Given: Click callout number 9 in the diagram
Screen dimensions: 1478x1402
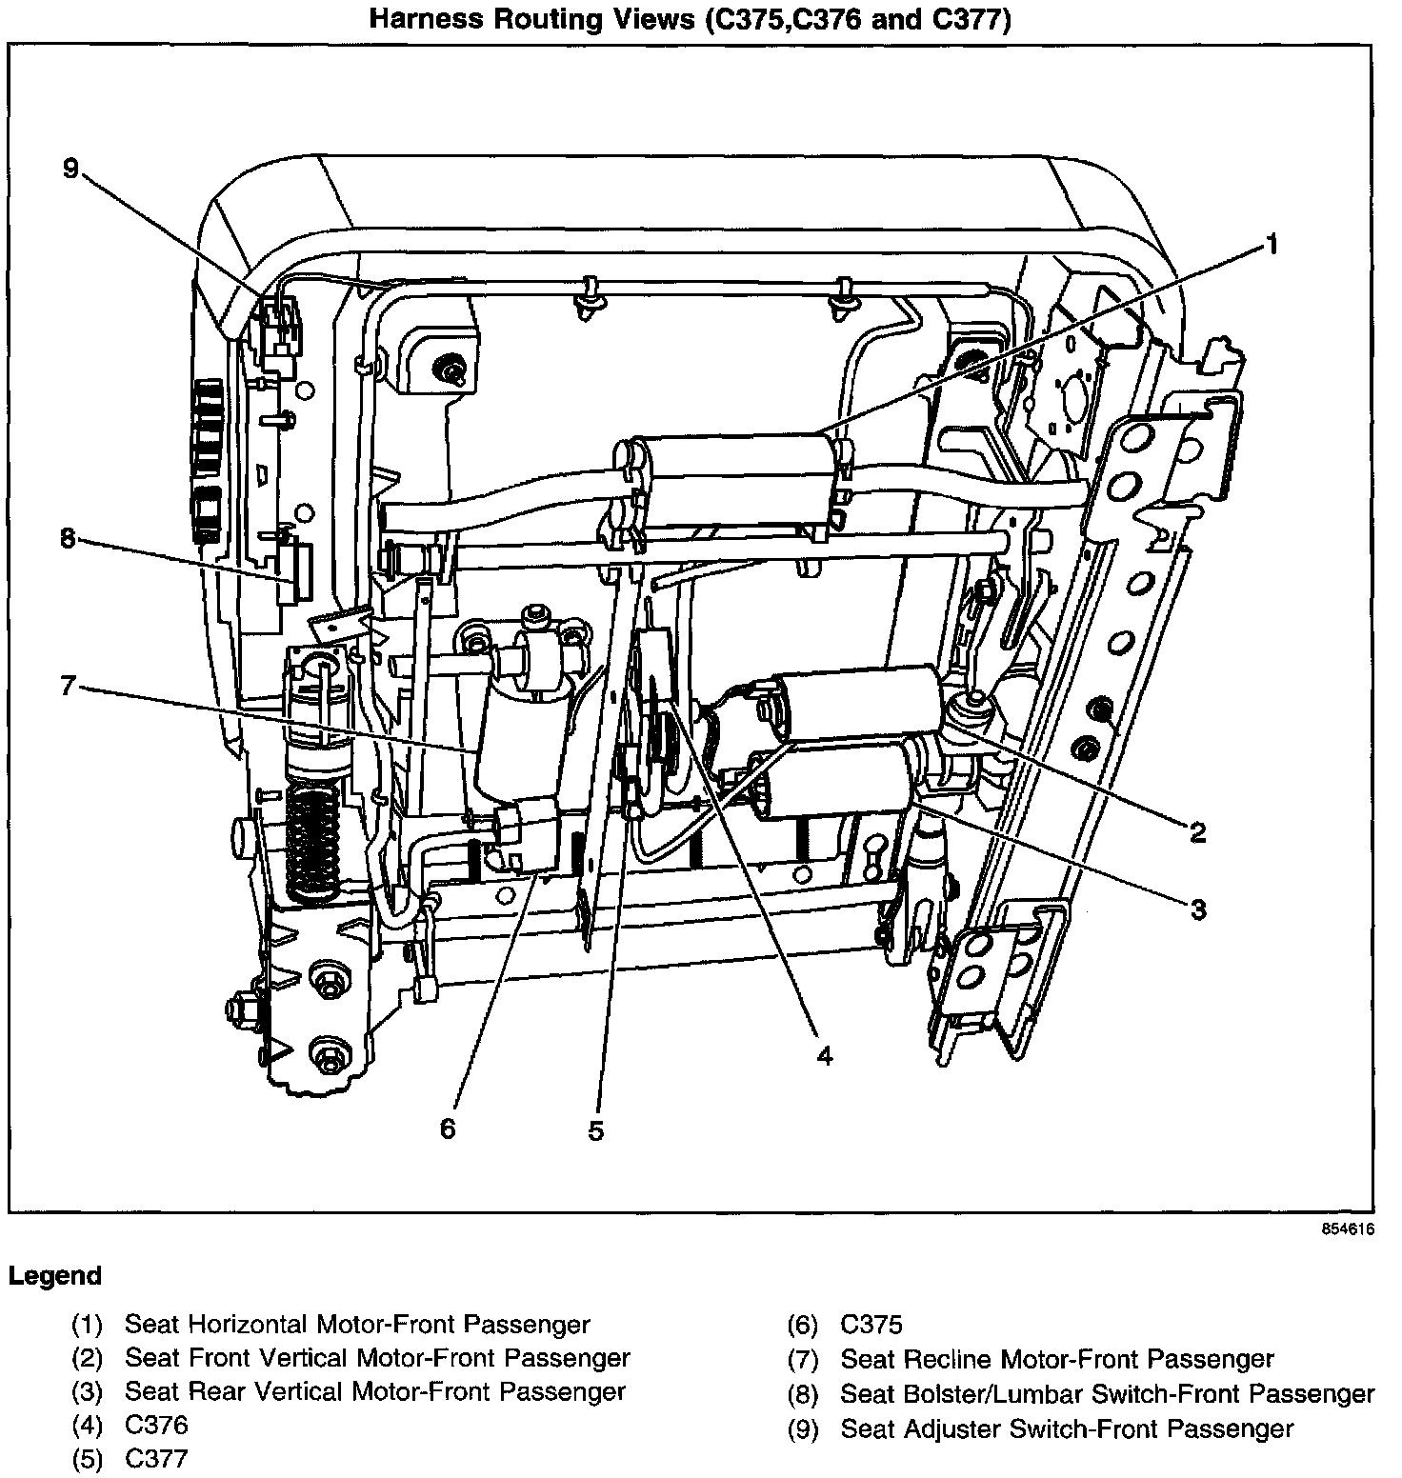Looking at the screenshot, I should (70, 170).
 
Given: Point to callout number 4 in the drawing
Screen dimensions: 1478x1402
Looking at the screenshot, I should (825, 1055).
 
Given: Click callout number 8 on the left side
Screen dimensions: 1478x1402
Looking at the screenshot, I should (67, 539).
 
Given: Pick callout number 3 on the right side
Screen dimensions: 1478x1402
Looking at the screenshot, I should (1198, 909).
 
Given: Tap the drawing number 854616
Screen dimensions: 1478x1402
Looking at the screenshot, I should (1348, 1229).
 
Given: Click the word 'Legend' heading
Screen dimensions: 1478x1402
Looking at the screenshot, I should (54, 1276).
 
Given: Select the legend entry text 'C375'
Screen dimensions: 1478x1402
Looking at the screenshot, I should (871, 1325).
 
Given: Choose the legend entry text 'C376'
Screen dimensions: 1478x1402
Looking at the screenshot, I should (156, 1425).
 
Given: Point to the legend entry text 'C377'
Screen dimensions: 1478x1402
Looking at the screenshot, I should (156, 1458).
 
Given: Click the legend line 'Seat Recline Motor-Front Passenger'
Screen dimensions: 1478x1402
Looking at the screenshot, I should (1056, 1359).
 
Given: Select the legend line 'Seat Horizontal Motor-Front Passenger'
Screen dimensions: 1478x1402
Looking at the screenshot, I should (357, 1325).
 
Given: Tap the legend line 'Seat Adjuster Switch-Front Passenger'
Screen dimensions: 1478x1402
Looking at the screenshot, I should (1067, 1428).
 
